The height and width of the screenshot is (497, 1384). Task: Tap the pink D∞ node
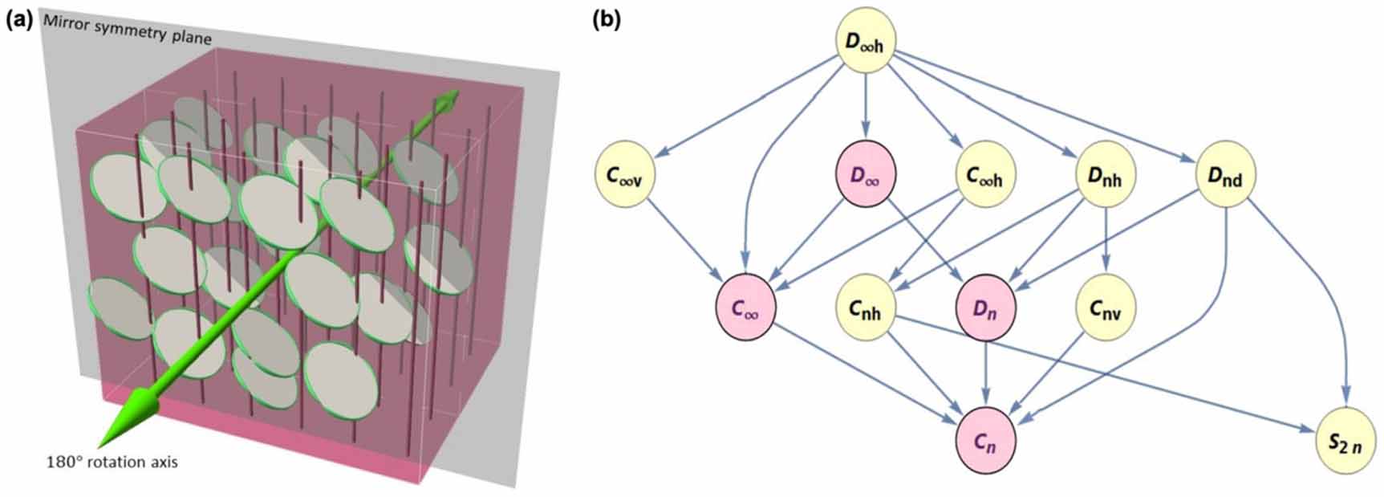(865, 174)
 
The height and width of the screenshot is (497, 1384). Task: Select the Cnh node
(866, 308)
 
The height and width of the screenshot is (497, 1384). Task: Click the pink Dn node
(986, 308)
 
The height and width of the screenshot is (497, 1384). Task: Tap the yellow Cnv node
(1106, 308)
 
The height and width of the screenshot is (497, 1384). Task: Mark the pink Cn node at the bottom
(986, 441)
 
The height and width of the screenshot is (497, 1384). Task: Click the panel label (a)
(18, 20)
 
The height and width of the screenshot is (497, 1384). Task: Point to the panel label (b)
(607, 20)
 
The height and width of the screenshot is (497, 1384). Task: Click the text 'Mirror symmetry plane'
(128, 39)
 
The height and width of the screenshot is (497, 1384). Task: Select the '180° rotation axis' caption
(112, 462)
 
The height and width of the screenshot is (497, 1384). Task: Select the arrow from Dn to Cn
(986, 373)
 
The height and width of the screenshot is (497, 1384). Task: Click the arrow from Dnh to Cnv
(1106, 241)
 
